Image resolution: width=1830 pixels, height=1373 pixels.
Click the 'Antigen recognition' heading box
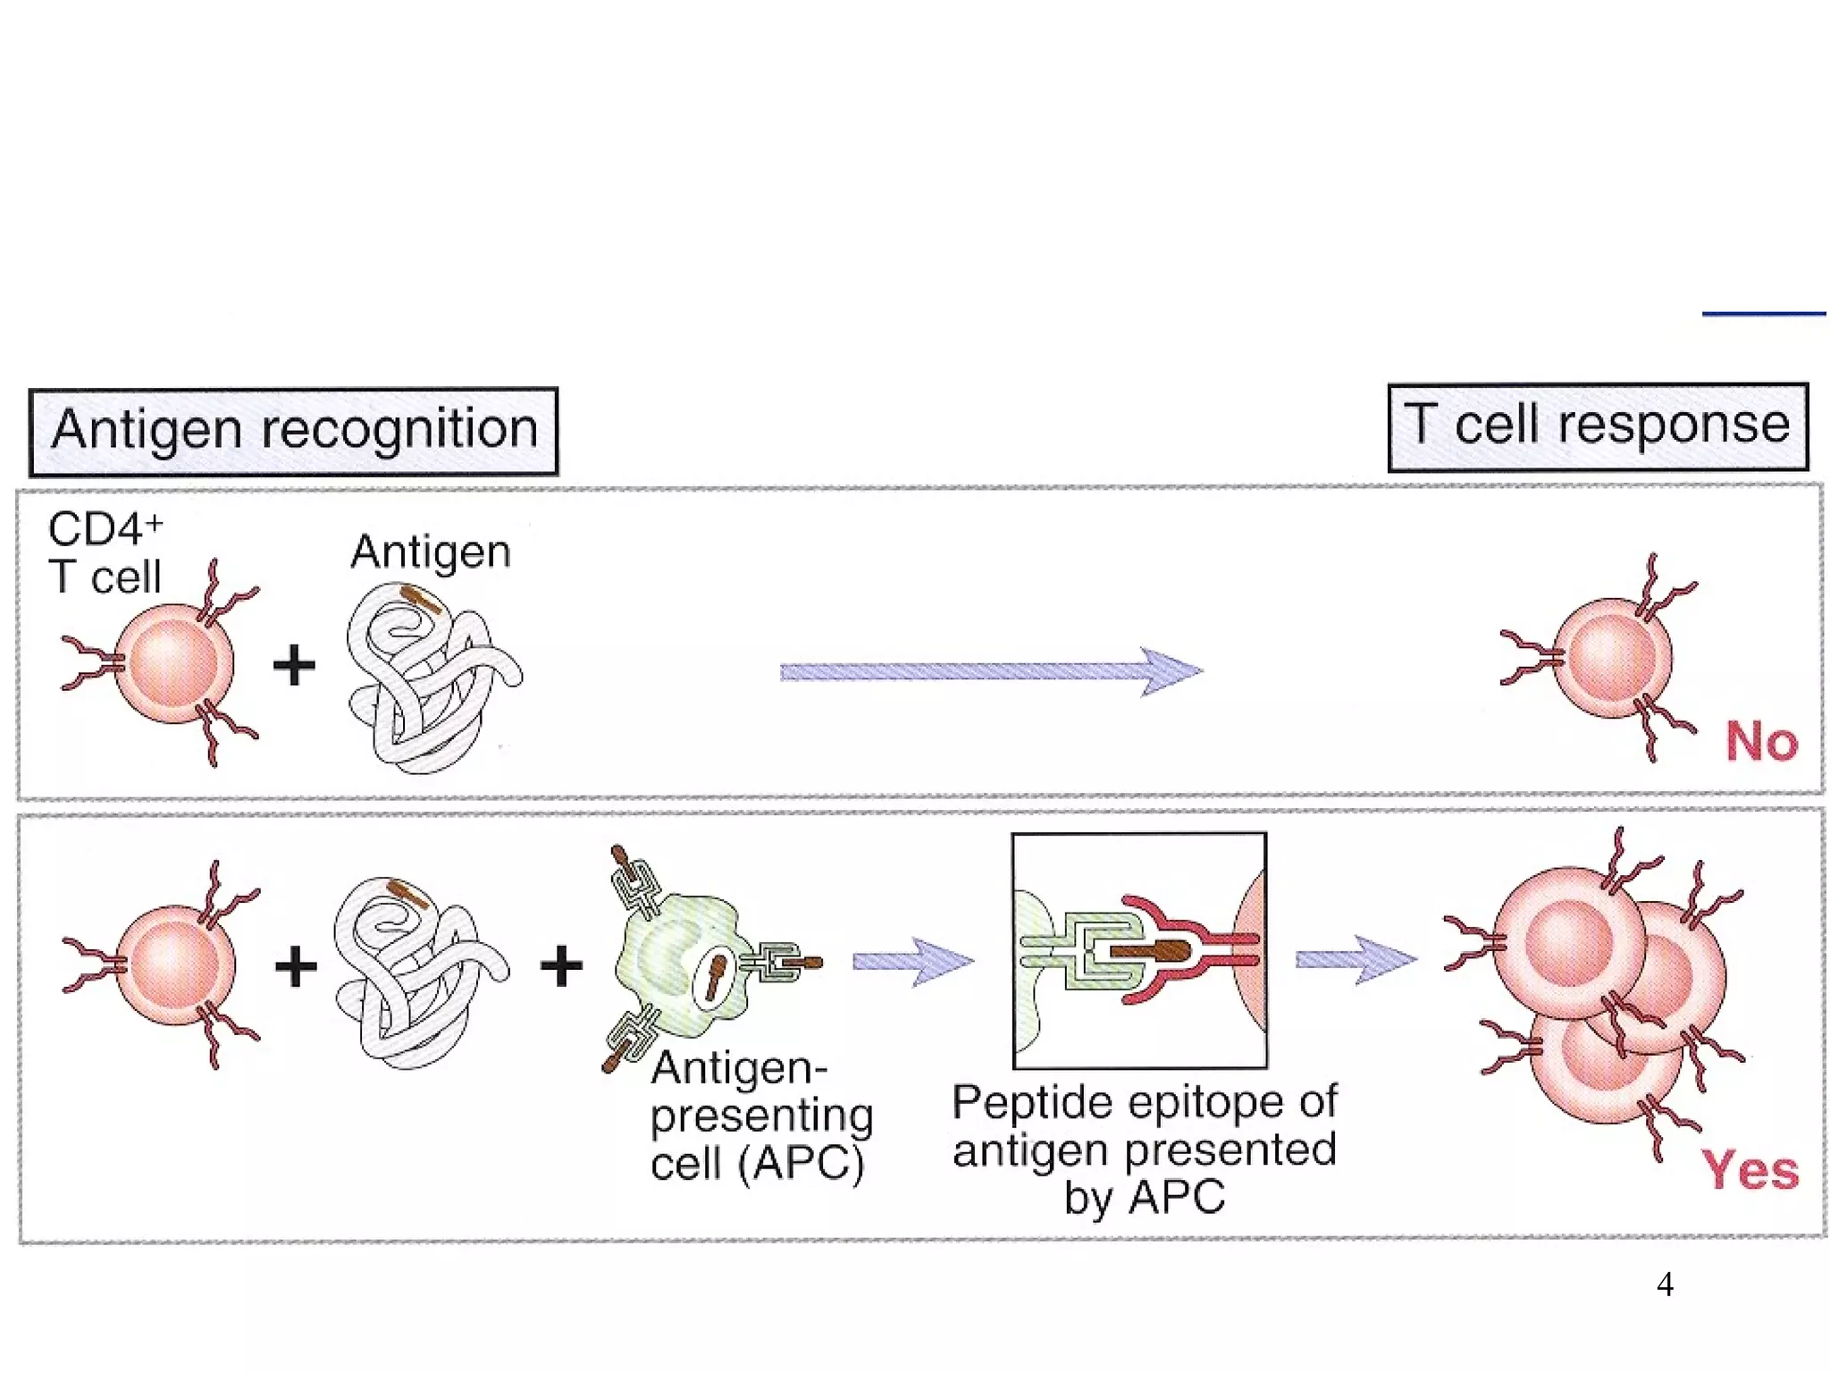(293, 431)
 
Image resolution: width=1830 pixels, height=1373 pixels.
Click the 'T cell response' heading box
(1598, 426)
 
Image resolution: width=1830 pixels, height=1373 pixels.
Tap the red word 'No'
(1760, 741)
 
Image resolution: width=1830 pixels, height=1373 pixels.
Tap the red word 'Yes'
(1750, 1170)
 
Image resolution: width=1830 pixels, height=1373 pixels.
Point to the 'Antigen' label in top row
(431, 552)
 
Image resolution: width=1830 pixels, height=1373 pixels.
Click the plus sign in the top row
(294, 666)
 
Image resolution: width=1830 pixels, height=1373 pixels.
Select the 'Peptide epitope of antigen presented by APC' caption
(1144, 1150)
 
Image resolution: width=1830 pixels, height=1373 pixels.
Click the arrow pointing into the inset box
(911, 962)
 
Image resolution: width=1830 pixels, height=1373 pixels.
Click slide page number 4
(1665, 1285)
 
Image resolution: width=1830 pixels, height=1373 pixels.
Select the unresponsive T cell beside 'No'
(1608, 658)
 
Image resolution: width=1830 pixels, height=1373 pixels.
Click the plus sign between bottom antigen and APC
(561, 965)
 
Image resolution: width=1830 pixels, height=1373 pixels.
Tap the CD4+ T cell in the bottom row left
(174, 964)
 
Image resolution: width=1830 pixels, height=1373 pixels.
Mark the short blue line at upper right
(1763, 314)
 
